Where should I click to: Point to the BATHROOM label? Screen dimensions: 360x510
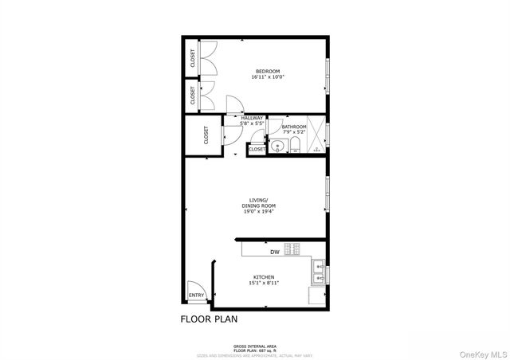coord(294,126)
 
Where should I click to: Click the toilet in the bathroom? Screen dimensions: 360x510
coord(294,145)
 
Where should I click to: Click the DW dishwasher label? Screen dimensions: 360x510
coord(274,252)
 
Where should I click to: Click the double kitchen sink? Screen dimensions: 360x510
coord(318,272)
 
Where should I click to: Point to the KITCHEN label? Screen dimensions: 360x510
coord(264,277)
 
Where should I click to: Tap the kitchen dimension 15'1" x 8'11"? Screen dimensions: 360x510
coord(264,284)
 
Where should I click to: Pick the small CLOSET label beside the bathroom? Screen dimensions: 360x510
coord(257,149)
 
